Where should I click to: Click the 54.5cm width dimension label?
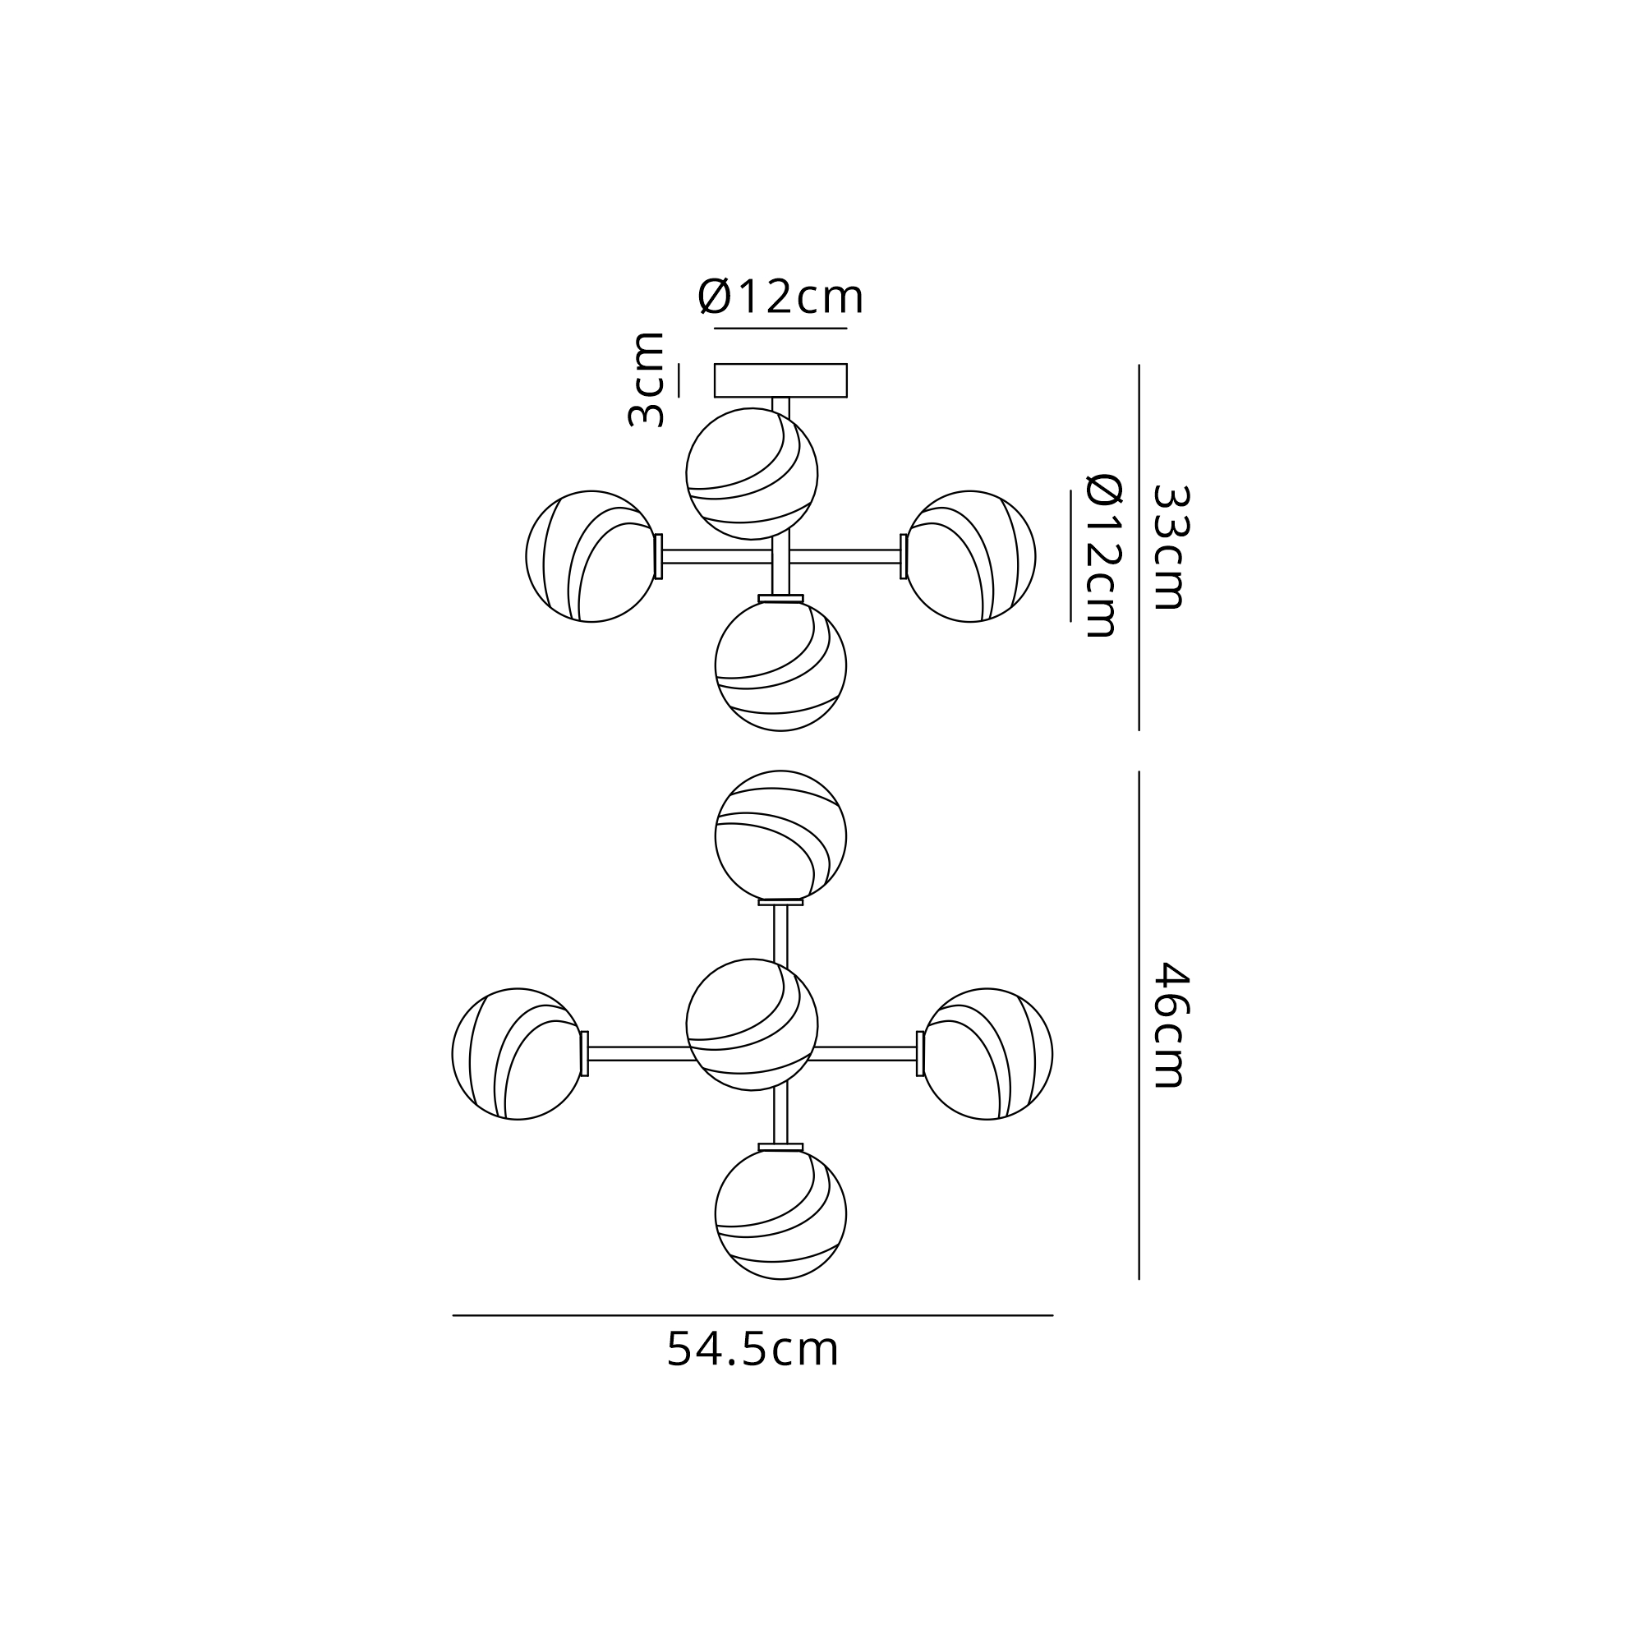click(x=752, y=1349)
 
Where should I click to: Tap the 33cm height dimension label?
click(x=1169, y=548)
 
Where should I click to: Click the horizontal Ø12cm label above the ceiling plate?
click(x=780, y=297)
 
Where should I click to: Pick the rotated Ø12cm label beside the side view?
click(x=1104, y=555)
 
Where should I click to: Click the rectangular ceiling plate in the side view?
click(x=780, y=380)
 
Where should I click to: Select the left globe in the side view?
click(x=591, y=556)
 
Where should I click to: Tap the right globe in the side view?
click(x=970, y=556)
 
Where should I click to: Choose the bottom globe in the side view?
click(x=780, y=665)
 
